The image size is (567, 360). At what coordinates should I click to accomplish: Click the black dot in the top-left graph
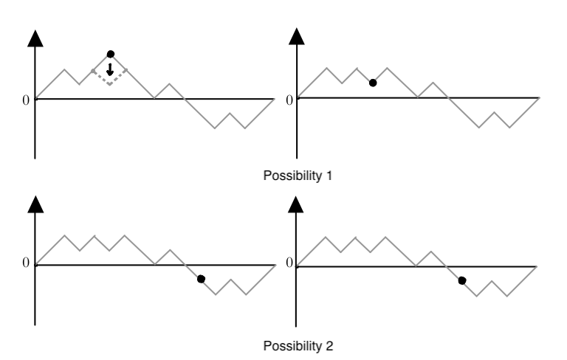(x=110, y=54)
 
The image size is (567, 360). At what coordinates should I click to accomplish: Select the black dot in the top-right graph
(x=373, y=83)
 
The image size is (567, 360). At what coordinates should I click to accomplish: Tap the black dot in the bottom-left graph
(x=201, y=279)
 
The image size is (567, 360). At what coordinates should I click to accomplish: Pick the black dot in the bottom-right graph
(x=462, y=280)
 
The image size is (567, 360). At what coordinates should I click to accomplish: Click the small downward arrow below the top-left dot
(x=110, y=71)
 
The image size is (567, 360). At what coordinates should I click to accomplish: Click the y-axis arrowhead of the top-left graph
(x=35, y=39)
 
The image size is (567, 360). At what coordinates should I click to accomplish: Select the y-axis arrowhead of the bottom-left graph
(x=35, y=204)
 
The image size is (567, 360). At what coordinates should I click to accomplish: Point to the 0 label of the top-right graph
(x=289, y=99)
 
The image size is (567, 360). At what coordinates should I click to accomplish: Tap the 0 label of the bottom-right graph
(x=289, y=263)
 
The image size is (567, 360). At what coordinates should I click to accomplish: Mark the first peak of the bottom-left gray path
(x=65, y=236)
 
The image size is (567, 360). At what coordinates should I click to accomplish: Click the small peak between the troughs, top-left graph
(x=230, y=114)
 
